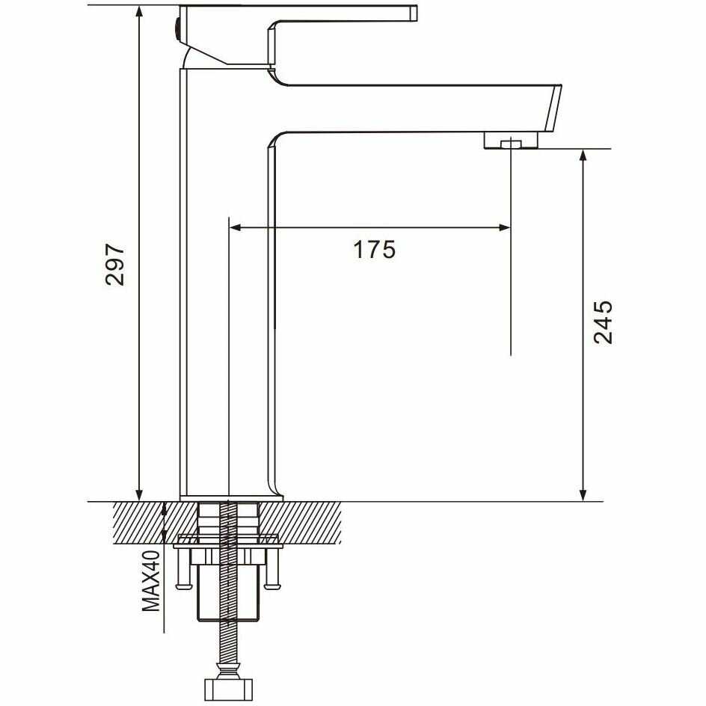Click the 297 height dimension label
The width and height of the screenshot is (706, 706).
(x=114, y=264)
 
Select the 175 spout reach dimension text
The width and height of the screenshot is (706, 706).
(x=374, y=250)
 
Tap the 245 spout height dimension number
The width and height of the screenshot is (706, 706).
(x=603, y=322)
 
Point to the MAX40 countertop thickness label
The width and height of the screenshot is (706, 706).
(x=151, y=581)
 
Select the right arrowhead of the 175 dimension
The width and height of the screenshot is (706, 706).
(x=505, y=228)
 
